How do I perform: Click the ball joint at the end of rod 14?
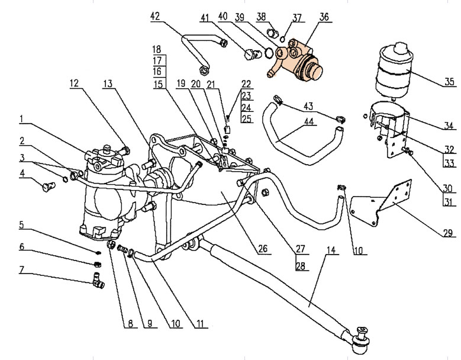coord(360,340)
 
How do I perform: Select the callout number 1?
coord(21,118)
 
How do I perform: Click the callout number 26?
coord(263,250)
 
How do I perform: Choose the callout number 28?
coord(302,266)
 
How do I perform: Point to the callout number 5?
coord(21,225)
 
